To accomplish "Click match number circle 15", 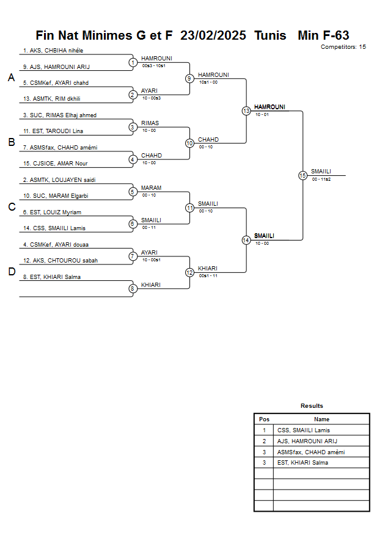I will tap(302, 175).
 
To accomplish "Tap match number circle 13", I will tap(246, 111).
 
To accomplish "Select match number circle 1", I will tap(133, 62).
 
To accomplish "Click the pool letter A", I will tap(11, 78).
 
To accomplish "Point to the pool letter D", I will tap(11, 272).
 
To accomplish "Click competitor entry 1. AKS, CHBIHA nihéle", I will tap(53, 51).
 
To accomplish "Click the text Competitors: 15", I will tap(343, 46).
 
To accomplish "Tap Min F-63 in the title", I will tap(323, 35).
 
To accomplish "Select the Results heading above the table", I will tap(312, 406).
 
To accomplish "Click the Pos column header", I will tap(264, 419).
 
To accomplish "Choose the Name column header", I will tap(321, 419).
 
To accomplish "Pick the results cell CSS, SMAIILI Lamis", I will tap(303, 430).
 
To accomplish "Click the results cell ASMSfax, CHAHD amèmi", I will tap(310, 452).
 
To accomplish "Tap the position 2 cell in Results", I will tap(264, 441).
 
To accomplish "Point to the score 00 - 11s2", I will tap(321, 179).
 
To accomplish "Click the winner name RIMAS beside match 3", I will tap(150, 123).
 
